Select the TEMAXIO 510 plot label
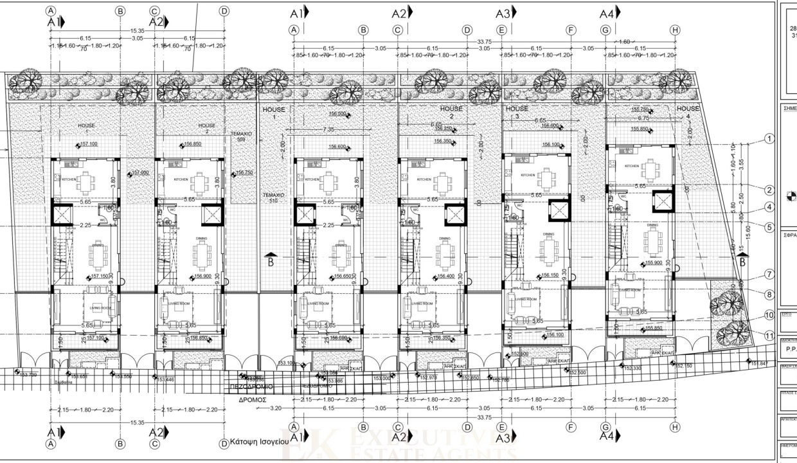coord(273,196)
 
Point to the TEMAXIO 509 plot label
coord(242,136)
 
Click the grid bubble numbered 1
coord(769,139)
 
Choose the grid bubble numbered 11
coord(769,334)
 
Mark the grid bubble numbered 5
coord(769,226)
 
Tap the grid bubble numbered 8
coord(769,295)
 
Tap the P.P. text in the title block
coord(791,350)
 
